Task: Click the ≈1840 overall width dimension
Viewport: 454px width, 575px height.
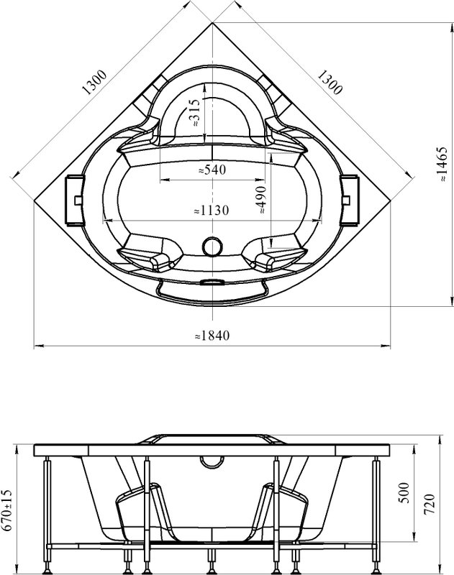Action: click(x=212, y=335)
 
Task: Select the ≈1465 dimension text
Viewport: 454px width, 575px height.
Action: click(x=443, y=164)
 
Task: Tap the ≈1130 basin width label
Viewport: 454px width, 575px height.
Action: click(x=212, y=210)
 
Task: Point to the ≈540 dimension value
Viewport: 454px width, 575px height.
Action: click(x=212, y=170)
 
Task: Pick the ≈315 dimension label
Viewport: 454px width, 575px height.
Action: click(x=194, y=113)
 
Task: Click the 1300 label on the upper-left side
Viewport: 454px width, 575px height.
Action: click(x=94, y=82)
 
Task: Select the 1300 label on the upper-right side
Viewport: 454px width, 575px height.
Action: click(x=330, y=82)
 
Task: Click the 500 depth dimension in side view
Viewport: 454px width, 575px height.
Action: click(x=404, y=493)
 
